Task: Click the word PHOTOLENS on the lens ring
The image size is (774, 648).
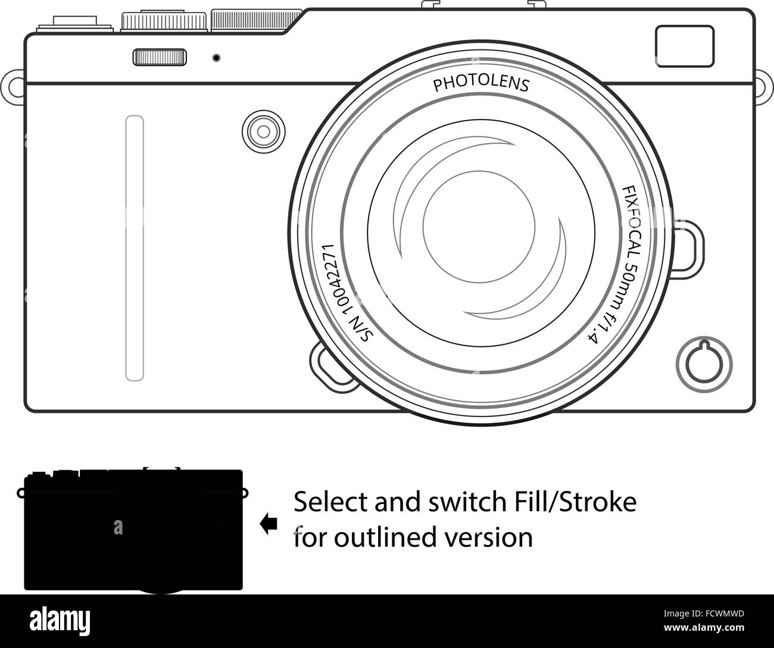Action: tap(481, 84)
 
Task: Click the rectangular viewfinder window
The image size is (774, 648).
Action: tap(685, 46)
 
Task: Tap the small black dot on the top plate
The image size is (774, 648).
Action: tap(216, 58)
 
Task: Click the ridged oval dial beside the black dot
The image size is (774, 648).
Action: tap(160, 57)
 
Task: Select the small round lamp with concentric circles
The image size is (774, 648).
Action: tap(264, 132)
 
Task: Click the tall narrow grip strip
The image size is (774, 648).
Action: tap(135, 248)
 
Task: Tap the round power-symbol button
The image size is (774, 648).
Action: tap(704, 364)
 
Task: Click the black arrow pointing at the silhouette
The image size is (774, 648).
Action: tap(269, 524)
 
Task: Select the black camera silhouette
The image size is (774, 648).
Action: tap(133, 530)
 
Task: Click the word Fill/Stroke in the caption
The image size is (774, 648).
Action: tap(575, 502)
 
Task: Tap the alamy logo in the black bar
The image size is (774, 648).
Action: tap(60, 622)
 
